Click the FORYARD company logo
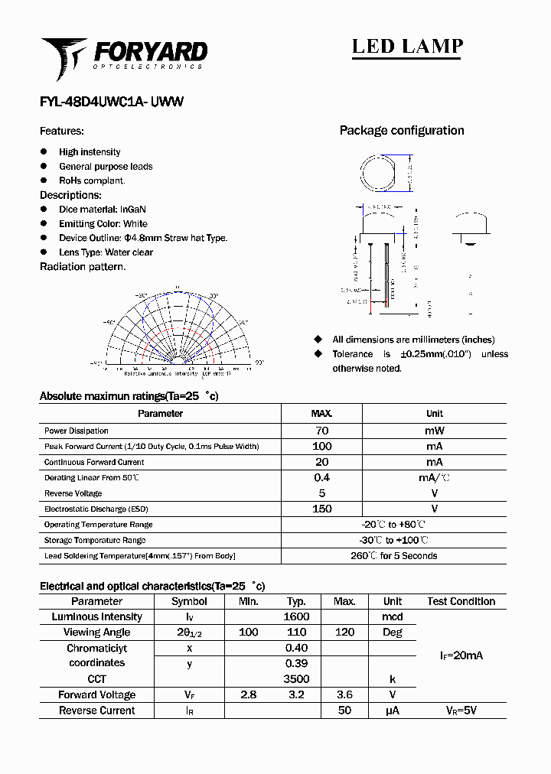tap(124, 57)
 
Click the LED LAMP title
tap(407, 47)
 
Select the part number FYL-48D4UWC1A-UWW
tap(111, 102)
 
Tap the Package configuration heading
tap(402, 131)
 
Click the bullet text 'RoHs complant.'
tap(92, 180)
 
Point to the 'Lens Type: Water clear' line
tap(106, 252)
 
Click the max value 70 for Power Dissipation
tap(321, 431)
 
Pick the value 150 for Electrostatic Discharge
tap(321, 509)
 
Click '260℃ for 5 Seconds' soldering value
tap(394, 556)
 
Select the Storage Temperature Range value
tap(394, 540)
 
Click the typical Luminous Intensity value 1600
tap(296, 617)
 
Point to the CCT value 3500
tap(296, 679)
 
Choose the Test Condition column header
tap(461, 602)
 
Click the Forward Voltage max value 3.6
tap(344, 695)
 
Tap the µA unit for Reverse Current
tap(393, 711)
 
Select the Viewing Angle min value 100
tap(249, 633)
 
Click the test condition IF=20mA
tap(461, 655)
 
